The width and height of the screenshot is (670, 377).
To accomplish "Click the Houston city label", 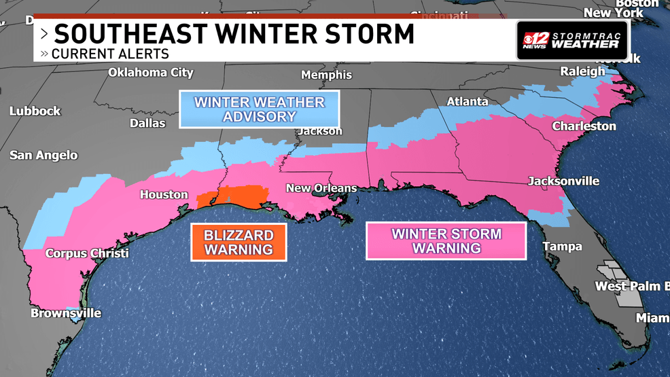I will coord(164,195).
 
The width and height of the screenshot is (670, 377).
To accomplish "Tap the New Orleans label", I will coord(321,188).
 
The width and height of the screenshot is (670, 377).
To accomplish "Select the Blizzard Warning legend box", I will coord(239,243).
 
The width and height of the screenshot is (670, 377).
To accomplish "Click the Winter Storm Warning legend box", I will coord(446,241).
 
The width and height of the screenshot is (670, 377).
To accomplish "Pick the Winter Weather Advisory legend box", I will coord(260,109).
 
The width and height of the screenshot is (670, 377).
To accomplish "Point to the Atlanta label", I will coord(467,102).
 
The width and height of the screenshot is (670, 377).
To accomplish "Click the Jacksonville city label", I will coord(564,181).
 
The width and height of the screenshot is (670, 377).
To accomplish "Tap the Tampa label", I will coord(561,247).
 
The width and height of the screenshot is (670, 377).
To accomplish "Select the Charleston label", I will coord(584,126).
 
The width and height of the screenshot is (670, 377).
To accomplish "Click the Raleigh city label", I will coord(582,71).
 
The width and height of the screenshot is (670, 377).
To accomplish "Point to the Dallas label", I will coord(147,123).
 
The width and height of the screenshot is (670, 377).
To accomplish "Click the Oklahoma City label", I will coord(151,73).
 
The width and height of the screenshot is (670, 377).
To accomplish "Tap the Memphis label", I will coord(326,75).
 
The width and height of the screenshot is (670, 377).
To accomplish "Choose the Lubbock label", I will coord(35,111).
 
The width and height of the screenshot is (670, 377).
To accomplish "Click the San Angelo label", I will coord(43,156).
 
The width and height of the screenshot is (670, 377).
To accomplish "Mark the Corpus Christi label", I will coord(86,253).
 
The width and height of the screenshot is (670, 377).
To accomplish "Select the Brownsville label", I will coord(66,313).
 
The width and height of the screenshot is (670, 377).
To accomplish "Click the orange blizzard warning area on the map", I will coord(234,196).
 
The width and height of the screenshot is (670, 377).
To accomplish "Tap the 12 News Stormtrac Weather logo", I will coord(572,40).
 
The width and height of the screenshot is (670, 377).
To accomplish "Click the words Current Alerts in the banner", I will coord(110,54).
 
